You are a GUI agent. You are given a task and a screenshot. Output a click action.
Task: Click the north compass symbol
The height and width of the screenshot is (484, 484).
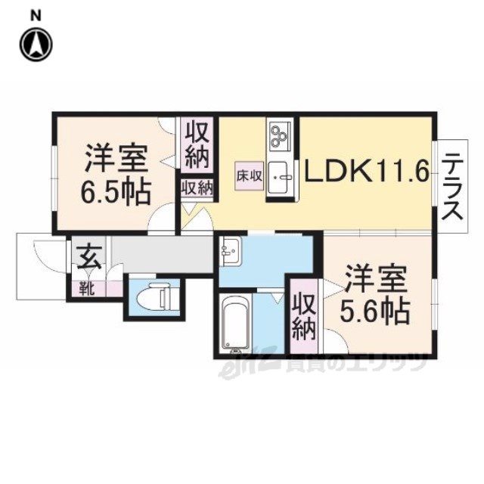tap(36, 44)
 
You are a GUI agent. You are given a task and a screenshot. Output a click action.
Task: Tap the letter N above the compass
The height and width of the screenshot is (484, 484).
tap(36, 15)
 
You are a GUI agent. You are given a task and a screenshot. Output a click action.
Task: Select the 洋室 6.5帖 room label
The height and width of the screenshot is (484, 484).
tap(116, 175)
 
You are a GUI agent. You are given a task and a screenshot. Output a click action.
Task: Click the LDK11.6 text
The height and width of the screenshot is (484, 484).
tap(367, 171)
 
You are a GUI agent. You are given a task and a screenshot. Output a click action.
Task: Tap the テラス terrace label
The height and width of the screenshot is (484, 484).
tap(452, 187)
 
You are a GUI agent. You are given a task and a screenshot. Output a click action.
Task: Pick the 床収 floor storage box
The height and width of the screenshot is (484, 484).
tap(249, 176)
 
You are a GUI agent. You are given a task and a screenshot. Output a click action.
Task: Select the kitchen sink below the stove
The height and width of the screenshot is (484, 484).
tap(280, 178)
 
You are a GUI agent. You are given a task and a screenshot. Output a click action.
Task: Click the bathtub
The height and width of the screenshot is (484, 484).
tap(235, 322)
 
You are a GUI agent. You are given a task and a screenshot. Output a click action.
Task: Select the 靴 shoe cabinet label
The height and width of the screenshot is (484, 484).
tap(87, 289)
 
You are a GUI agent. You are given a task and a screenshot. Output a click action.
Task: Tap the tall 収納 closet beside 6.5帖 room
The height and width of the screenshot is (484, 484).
tap(197, 145)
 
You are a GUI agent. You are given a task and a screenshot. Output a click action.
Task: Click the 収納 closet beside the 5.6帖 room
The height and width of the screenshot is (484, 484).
tap(304, 316)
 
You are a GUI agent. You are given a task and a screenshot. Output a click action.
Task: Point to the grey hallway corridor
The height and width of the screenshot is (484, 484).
tap(161, 255)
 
